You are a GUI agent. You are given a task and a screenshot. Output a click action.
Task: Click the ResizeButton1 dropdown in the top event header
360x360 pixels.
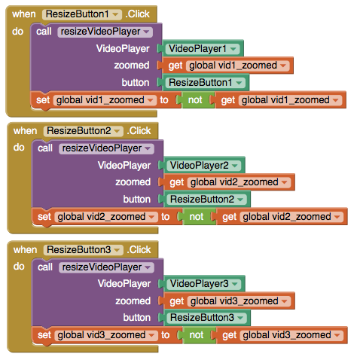[x=82, y=14]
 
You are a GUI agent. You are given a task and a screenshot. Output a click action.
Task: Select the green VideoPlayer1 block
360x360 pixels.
[x=203, y=49]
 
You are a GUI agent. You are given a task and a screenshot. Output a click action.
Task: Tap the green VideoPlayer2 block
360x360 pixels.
[x=204, y=166]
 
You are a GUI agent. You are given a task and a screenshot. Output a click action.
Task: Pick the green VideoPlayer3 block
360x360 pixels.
[x=204, y=284]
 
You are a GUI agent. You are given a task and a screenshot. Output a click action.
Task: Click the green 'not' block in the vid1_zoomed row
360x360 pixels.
[x=197, y=100]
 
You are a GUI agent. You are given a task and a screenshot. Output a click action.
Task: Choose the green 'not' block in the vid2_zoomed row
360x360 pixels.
[x=198, y=217]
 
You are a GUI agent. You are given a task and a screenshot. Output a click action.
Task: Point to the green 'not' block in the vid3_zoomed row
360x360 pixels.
[x=198, y=335]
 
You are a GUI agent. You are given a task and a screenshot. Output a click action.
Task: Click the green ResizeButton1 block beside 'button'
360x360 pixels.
[x=206, y=83]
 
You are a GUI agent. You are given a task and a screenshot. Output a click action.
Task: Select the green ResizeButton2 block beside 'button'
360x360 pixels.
[x=206, y=200]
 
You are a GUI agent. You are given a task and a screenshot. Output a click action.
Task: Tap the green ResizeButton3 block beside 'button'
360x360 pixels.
[x=206, y=318]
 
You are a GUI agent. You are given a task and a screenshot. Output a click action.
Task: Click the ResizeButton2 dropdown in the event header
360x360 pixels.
[x=84, y=131]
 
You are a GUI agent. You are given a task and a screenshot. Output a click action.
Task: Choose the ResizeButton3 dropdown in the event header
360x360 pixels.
[x=84, y=250]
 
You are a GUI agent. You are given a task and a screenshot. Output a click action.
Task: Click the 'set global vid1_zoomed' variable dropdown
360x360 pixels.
[x=105, y=100]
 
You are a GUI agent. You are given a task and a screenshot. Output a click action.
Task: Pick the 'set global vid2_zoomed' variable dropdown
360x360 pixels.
[x=106, y=217]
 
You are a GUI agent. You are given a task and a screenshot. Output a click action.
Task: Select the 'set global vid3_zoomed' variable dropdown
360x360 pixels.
[x=106, y=335]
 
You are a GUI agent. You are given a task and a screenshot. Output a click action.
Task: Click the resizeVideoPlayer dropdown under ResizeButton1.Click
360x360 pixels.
[x=105, y=32]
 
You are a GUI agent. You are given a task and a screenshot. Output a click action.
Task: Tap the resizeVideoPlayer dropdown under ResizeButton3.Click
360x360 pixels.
[x=106, y=267]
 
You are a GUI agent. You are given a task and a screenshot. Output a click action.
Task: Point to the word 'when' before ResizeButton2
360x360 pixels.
[x=26, y=131]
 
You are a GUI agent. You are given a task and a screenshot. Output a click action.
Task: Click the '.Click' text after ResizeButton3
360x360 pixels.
[x=139, y=250]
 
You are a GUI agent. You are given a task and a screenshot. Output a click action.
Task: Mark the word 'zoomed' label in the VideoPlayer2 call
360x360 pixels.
[x=133, y=182]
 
